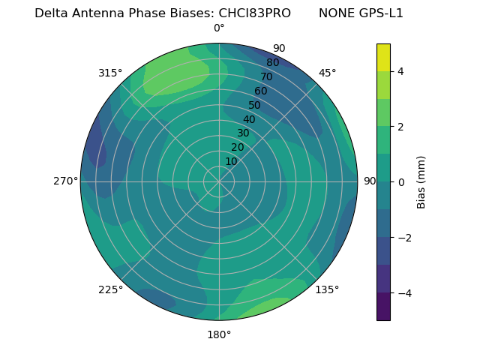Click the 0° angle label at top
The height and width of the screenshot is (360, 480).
click(219, 28)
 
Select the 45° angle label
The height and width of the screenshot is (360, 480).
click(327, 73)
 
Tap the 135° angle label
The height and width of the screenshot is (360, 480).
click(327, 289)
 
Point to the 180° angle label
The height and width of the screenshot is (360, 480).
click(219, 334)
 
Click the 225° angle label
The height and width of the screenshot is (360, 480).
click(110, 289)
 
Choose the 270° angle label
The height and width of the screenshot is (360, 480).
click(65, 181)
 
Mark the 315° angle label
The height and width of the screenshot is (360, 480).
click(110, 73)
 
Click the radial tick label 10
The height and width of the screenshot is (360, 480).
click(231, 161)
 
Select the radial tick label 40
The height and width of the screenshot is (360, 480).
click(249, 119)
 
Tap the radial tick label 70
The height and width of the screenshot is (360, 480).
click(266, 76)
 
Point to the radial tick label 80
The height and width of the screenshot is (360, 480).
click(272, 62)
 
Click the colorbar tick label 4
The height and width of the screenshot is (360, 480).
click(401, 71)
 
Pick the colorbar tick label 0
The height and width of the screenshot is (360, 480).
click(401, 181)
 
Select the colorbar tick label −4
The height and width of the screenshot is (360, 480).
click(401, 292)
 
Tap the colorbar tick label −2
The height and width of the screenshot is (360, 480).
click(401, 237)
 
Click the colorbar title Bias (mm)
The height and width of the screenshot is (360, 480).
click(421, 181)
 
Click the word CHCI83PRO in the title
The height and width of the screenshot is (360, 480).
click(254, 13)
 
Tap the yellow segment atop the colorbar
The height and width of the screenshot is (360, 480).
click(383, 57)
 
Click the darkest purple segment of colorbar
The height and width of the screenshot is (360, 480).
click(383, 307)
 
